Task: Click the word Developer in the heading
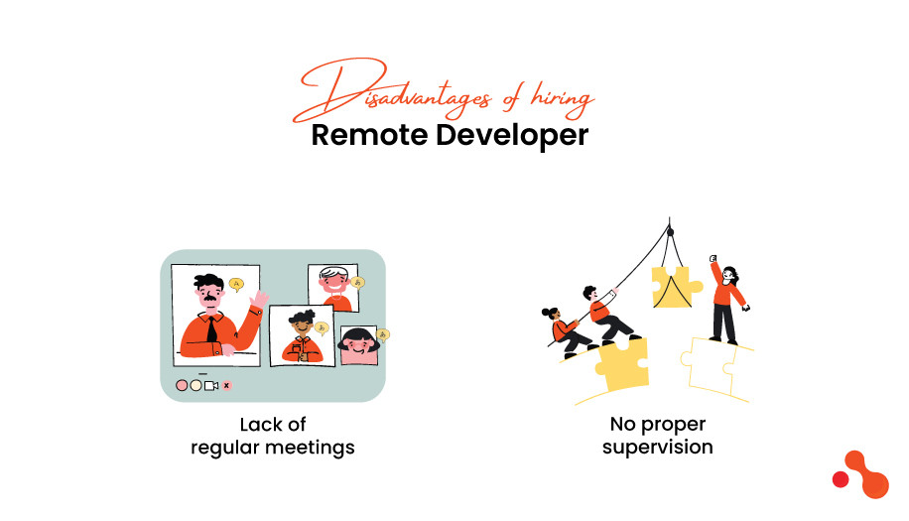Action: (x=512, y=136)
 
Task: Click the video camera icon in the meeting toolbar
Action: (x=210, y=385)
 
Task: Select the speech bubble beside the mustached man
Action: (x=236, y=284)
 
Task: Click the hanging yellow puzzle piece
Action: (x=675, y=285)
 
